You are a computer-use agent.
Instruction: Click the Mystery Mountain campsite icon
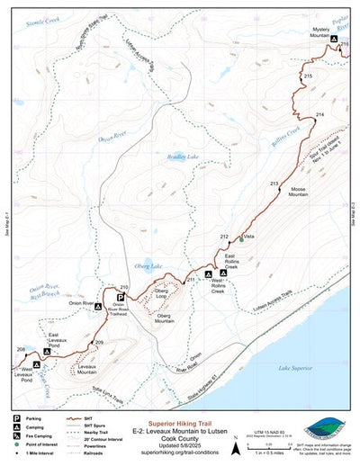pyautogui.click(x=334, y=41)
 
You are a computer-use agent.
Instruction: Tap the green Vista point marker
pyautogui.click(x=241, y=239)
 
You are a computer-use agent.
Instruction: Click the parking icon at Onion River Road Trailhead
pyautogui.click(x=121, y=296)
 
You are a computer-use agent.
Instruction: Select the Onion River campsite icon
pyautogui.click(x=98, y=306)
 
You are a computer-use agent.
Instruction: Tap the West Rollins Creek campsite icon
pyautogui.click(x=208, y=273)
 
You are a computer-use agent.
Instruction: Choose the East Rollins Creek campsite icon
pyautogui.click(x=223, y=272)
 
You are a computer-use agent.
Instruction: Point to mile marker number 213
pyautogui.click(x=274, y=158)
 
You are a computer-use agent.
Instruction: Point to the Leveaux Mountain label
pyautogui.click(x=87, y=369)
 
